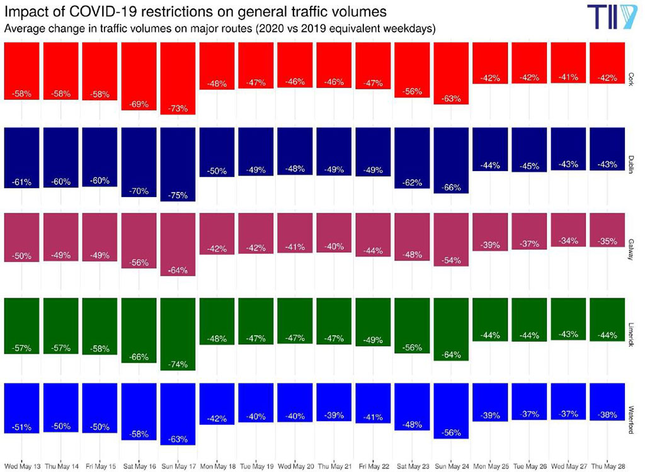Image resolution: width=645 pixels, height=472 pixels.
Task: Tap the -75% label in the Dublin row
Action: (178, 195)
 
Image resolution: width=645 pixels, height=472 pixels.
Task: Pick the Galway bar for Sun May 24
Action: (451, 239)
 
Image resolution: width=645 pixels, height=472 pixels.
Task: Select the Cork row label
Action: (632, 79)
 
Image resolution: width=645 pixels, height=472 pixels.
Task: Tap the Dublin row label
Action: (632, 164)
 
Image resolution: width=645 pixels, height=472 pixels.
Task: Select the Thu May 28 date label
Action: (607, 465)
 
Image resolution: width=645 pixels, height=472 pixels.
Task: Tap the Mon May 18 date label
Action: (217, 465)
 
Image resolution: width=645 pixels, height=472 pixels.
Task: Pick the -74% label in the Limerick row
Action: (178, 364)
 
